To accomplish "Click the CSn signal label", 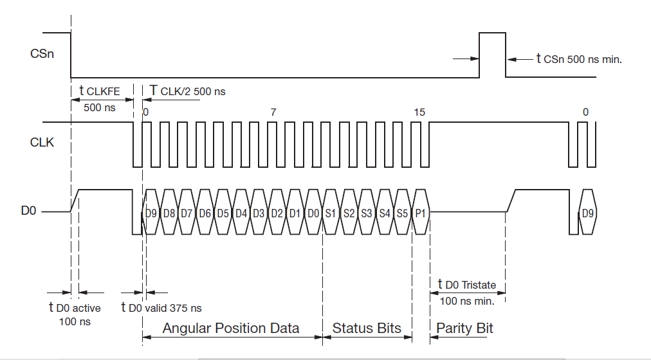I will [x=42, y=53].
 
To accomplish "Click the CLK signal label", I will [x=43, y=143].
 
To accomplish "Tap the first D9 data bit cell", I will [x=151, y=212].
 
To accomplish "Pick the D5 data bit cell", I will [x=223, y=212].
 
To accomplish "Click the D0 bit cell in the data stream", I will [x=313, y=212].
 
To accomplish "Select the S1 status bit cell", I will [x=331, y=212].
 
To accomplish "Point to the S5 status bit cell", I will [x=403, y=212].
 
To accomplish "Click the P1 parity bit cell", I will [x=421, y=212].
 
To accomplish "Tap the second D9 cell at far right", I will [x=587, y=212].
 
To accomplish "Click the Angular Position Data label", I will [x=231, y=328].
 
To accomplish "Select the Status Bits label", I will [x=367, y=328].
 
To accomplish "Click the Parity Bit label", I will [x=464, y=328].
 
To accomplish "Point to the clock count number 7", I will [x=273, y=112].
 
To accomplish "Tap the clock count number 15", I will [x=419, y=112].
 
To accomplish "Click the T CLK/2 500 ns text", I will [x=187, y=91].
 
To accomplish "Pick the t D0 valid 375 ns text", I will [x=161, y=308].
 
